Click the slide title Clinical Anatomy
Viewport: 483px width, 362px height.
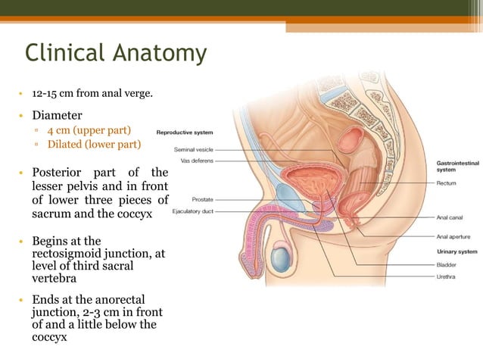pyautogui.click(x=115, y=53)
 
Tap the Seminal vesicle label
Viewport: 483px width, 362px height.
pyautogui.click(x=194, y=149)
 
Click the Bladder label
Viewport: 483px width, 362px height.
pyautogui.click(x=447, y=265)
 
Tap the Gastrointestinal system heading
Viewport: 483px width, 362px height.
pyautogui.click(x=457, y=166)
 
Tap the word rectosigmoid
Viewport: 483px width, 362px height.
pyautogui.click(x=71, y=254)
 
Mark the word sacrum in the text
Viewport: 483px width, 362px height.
pyautogui.click(x=50, y=214)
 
